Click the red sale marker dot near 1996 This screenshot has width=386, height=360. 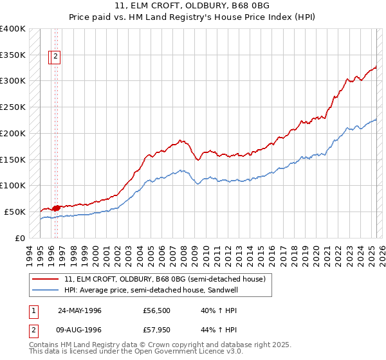(56, 208)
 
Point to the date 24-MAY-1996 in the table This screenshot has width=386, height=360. (79, 310)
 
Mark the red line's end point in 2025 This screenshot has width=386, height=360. (376, 66)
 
